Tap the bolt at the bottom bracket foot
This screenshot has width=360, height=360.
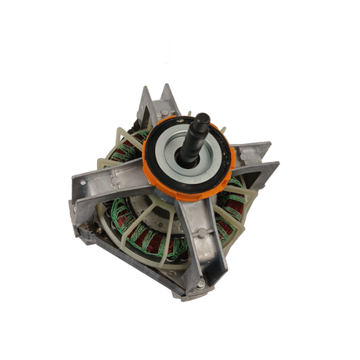pyautogui.click(x=201, y=282)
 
